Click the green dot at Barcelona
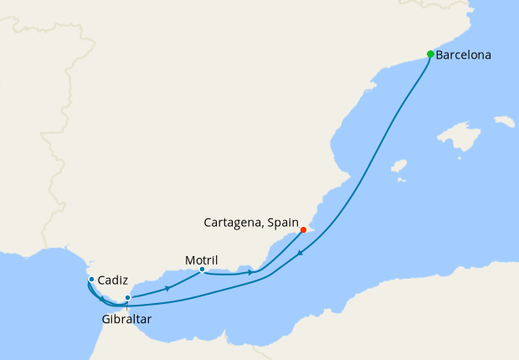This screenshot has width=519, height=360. [x=430, y=54]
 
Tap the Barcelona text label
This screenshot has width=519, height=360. [x=463, y=55]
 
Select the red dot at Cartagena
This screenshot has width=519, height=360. [x=303, y=230]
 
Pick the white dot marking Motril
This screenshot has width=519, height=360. [x=202, y=270]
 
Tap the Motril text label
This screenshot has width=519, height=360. [x=200, y=260]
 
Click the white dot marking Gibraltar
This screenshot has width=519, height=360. [x=127, y=298]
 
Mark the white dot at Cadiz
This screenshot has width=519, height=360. [x=91, y=280]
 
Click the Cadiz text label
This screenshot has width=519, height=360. [x=112, y=280]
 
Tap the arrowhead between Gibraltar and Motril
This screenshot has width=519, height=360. [x=169, y=288]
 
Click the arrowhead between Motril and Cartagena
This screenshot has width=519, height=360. [x=250, y=273]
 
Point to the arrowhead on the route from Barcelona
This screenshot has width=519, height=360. [x=300, y=254]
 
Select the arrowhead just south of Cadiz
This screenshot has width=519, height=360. [x=101, y=299]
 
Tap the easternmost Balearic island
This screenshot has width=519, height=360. [x=505, y=122]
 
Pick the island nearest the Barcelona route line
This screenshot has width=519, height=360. [x=398, y=166]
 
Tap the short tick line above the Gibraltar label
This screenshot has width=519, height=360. [x=127, y=307]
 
